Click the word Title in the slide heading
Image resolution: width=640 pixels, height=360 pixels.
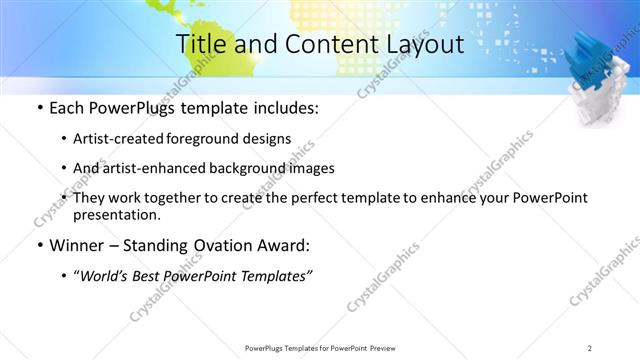pos(201,45)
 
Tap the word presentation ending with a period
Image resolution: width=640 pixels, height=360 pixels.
pos(116,214)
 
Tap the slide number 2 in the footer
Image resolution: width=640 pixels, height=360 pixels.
pos(590,347)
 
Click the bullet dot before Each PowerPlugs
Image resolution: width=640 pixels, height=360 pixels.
pos(39,108)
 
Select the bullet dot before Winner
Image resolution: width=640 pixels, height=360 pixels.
pos(39,246)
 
